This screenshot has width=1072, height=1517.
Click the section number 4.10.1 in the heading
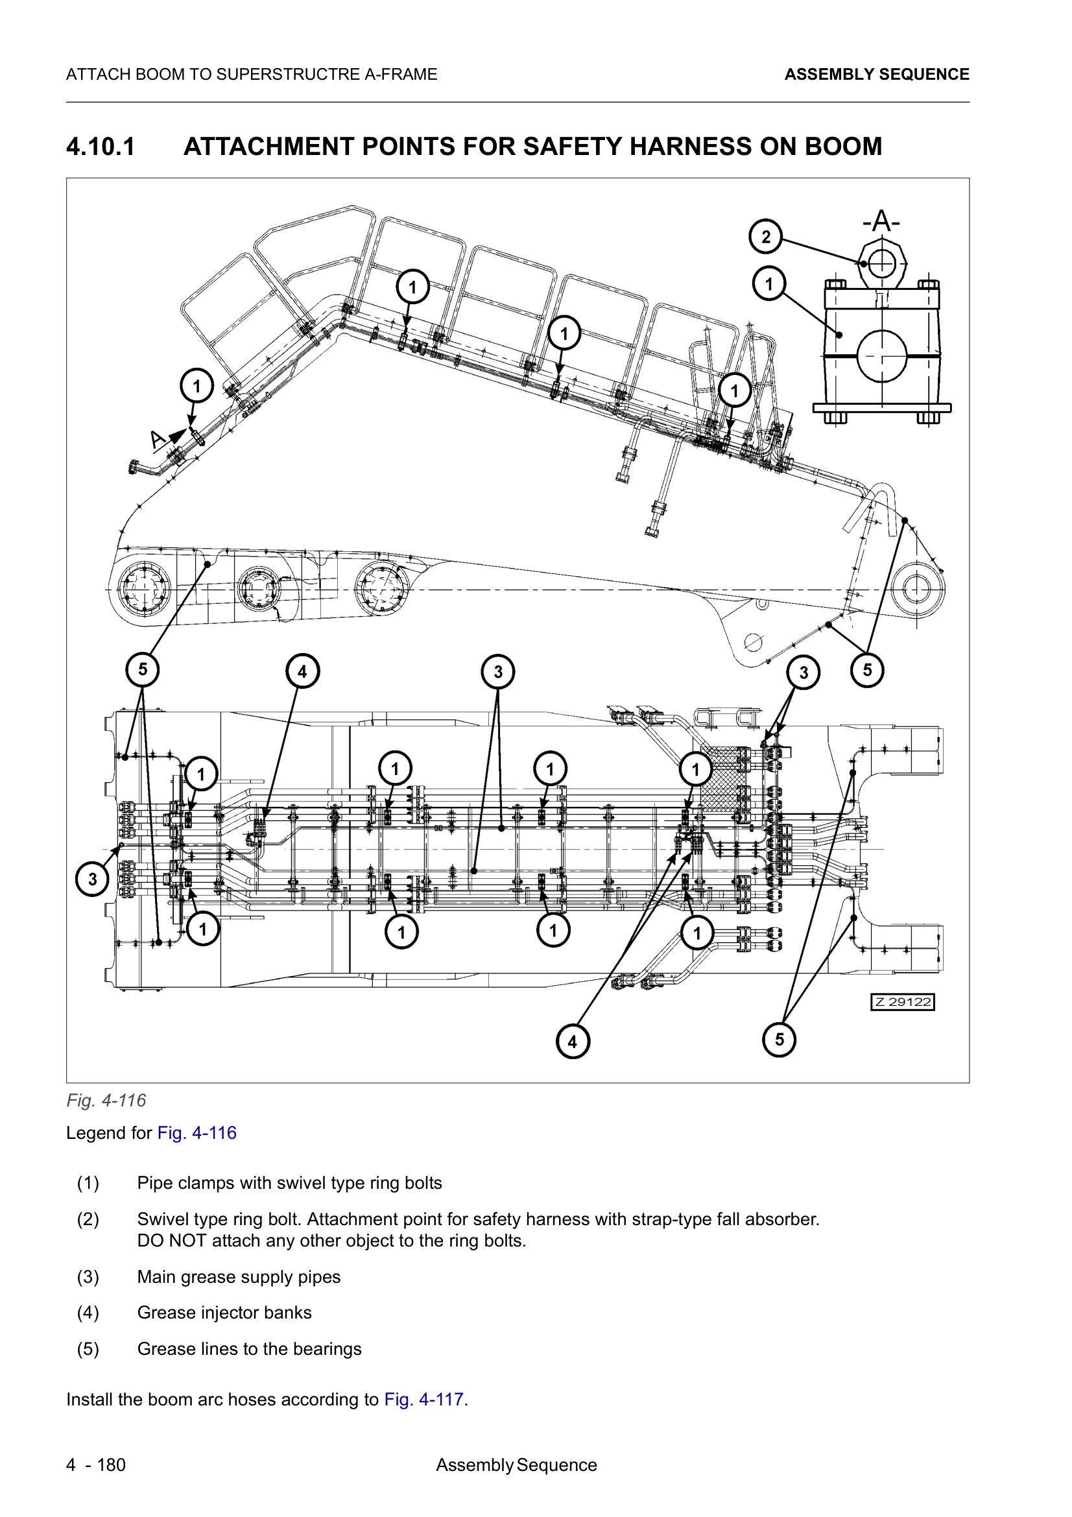[x=101, y=147]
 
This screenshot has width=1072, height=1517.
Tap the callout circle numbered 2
[x=765, y=237]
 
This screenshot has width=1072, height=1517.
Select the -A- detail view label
[x=881, y=221]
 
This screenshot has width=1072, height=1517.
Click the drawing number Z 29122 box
[x=902, y=1002]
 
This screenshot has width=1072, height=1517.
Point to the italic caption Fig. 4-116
[x=106, y=1100]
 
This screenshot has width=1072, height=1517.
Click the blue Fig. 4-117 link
[x=423, y=1400]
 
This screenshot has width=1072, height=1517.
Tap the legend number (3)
[x=88, y=1276]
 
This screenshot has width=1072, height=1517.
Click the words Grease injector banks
[x=224, y=1312]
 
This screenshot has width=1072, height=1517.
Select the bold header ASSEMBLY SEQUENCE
[x=877, y=75]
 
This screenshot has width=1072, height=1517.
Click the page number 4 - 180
[x=96, y=1465]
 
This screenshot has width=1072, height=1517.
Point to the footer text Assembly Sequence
[x=516, y=1465]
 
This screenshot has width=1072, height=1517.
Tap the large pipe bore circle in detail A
[x=881, y=356]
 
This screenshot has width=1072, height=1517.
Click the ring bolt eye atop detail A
[x=881, y=263]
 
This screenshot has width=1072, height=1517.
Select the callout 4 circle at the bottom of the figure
[x=572, y=1042]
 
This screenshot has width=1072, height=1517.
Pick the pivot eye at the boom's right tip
[x=917, y=588]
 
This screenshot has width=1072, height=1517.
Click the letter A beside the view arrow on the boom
[x=156, y=439]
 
